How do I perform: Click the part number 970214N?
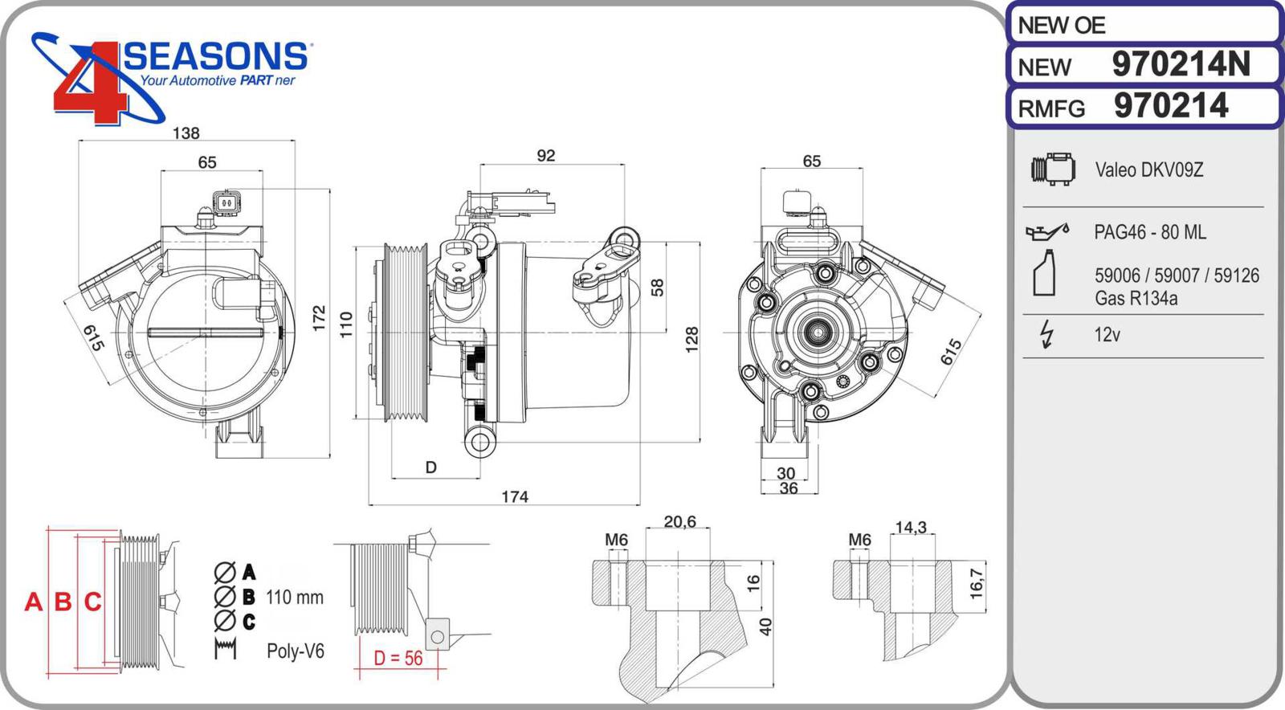1181,64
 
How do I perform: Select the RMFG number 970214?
1171,106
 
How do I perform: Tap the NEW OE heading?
1062,26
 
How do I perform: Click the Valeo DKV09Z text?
1149,170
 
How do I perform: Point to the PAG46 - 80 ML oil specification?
1149,232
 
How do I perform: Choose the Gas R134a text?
1136,299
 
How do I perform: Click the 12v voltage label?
1107,335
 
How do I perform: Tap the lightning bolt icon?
1046,334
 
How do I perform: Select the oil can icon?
1047,231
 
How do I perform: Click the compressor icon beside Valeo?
1053,169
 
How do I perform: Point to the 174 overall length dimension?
515,497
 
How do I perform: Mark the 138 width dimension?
186,133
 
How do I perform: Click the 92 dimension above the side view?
546,156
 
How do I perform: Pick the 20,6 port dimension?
679,522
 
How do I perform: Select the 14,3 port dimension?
911,528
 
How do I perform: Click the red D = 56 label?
398,659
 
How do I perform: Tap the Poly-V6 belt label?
296,651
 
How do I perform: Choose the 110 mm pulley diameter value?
294,598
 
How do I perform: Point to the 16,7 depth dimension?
977,584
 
